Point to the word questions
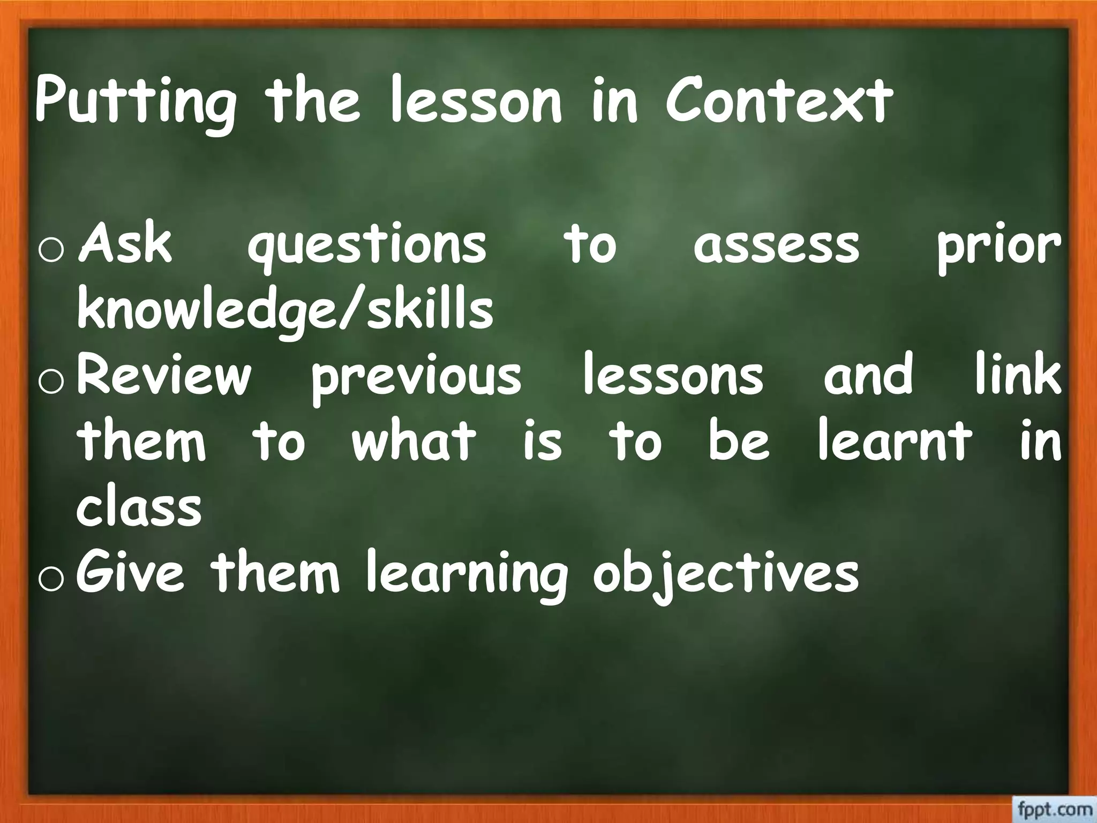pyautogui.click(x=367, y=246)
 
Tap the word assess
pyautogui.click(x=776, y=246)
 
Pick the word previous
pyautogui.click(x=417, y=376)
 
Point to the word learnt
pyautogui.click(x=894, y=440)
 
